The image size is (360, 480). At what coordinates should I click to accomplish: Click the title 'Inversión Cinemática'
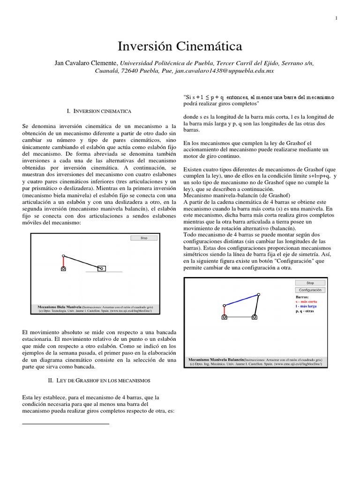pyautogui.click(x=180, y=46)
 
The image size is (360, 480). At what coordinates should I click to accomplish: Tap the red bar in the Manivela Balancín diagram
pyautogui.click(x=225, y=310)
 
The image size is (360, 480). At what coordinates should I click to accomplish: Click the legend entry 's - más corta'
pyautogui.click(x=307, y=301)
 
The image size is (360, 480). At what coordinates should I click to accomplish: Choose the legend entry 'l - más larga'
pyautogui.click(x=307, y=306)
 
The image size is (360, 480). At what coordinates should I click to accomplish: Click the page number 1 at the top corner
pyautogui.click(x=336, y=18)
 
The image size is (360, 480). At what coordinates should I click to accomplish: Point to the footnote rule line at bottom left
pyautogui.click(x=66, y=424)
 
